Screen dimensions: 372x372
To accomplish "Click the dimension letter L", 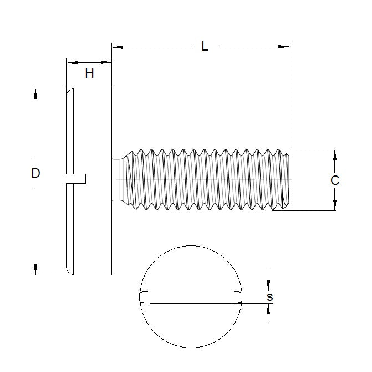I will coord(205,47).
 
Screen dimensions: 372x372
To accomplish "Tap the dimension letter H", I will coord(89,73).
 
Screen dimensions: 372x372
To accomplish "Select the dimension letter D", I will coord(35,173).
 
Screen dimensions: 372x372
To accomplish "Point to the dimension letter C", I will coord(334,180).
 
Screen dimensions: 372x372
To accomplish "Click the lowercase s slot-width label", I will coord(269,297).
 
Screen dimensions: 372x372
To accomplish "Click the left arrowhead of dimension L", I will coord(116,47).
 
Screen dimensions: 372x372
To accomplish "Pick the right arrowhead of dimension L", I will coord(285,47).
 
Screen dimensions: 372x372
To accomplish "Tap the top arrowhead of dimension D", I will coord(35,93).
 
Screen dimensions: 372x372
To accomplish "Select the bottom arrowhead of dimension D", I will coord(35,270).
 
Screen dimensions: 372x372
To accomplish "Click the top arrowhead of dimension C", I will coord(334,154).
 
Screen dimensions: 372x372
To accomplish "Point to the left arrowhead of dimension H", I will coord(70,62).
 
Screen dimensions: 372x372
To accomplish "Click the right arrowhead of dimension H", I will coord(108,62).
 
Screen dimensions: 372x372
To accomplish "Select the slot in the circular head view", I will coord(191,297).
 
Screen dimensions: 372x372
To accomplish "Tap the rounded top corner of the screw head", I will coord(69,92).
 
